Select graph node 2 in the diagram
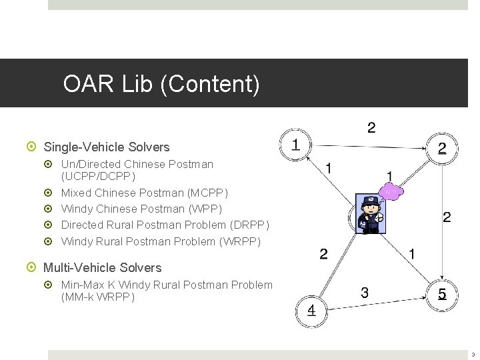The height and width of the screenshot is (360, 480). point(442,149)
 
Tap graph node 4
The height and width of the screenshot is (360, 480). point(311,311)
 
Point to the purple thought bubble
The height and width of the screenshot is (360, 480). point(391,192)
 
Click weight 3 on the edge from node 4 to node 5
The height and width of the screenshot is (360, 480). point(364,292)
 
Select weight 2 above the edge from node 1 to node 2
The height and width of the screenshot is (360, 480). point(371,127)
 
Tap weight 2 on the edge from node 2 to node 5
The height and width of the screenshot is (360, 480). point(447,217)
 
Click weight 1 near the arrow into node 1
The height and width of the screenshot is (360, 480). point(329,168)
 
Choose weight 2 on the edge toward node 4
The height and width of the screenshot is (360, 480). point(323,254)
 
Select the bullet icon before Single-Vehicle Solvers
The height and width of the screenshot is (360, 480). point(34,147)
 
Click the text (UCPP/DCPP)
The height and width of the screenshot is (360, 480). point(98,177)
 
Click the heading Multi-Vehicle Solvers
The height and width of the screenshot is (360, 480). point(102,267)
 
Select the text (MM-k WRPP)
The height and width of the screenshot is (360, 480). point(98,297)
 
